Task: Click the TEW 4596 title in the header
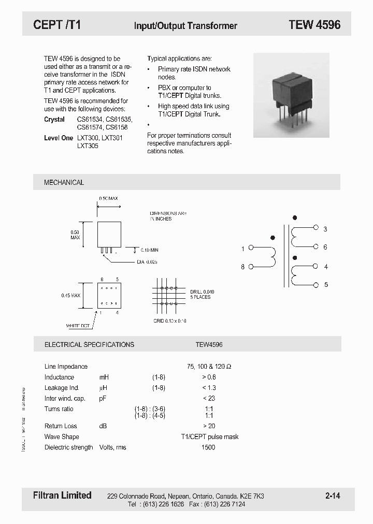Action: click(314, 25)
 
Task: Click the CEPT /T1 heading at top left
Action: click(56, 25)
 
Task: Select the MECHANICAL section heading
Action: click(64, 182)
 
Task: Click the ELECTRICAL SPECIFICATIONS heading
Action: click(89, 344)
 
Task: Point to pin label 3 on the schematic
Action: click(325, 229)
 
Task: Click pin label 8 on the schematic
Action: click(242, 267)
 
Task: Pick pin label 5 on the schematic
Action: click(325, 285)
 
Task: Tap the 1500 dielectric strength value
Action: click(208, 447)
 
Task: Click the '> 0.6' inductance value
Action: click(209, 377)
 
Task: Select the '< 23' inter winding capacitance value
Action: click(209, 398)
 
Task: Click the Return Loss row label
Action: click(61, 426)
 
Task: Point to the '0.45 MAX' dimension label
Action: click(70, 296)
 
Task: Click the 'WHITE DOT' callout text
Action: click(78, 326)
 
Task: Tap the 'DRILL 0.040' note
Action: click(202, 292)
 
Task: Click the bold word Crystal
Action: click(54, 120)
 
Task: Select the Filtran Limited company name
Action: click(59, 496)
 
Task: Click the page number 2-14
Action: click(333, 496)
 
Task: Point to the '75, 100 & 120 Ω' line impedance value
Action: click(209, 367)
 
